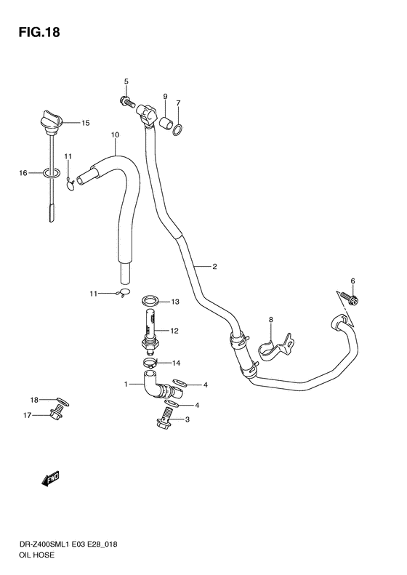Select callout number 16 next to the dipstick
point(23,173)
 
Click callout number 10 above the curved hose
point(115,135)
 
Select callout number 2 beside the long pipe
point(214,267)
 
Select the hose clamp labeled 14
point(150,361)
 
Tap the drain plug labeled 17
point(56,415)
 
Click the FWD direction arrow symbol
point(50,478)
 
